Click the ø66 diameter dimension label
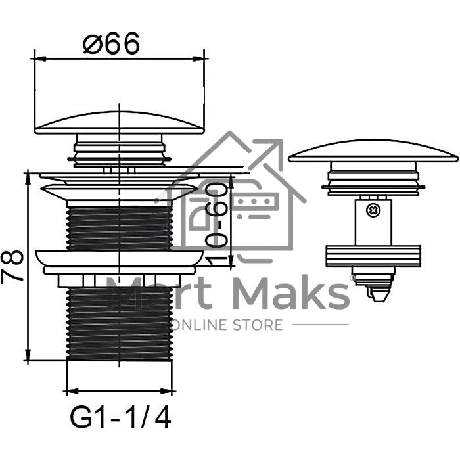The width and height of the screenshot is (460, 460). (111, 43)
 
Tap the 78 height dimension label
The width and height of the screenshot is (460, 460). (12, 266)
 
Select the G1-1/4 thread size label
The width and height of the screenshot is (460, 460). (120, 417)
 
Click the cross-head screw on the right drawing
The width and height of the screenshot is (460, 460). (373, 210)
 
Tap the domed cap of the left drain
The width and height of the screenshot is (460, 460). (120, 123)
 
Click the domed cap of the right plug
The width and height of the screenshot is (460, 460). (373, 150)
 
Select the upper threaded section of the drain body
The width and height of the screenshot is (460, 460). (120, 228)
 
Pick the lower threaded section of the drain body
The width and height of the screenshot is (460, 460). (120, 323)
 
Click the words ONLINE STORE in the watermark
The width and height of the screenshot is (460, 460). (227, 325)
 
